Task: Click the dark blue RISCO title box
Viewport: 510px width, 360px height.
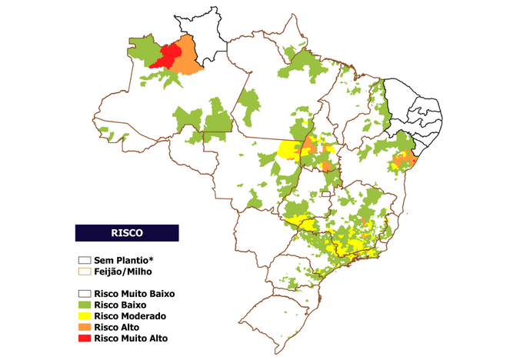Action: click(x=126, y=232)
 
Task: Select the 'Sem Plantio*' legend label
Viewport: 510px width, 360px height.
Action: click(x=124, y=260)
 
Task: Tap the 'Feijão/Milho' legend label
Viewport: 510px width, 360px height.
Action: click(x=123, y=271)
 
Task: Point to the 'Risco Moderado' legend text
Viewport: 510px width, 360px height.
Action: click(x=129, y=315)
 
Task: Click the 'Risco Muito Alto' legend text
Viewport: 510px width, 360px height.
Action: click(x=131, y=338)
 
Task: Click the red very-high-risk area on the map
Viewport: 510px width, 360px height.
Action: click(x=168, y=56)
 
